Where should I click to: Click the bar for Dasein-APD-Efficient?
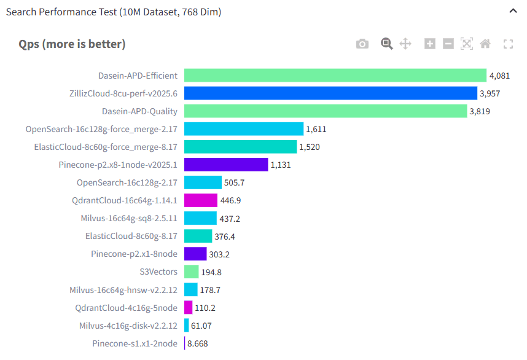pyautogui.click(x=335, y=76)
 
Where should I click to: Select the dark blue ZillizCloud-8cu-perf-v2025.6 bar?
pyautogui.click(x=330, y=93)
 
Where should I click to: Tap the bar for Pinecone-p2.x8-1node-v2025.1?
pyautogui.click(x=226, y=165)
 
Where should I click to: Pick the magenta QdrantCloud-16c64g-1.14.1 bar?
pyautogui.click(x=201, y=200)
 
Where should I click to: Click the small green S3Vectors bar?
pyautogui.click(x=192, y=272)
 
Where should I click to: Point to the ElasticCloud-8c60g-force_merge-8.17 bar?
pyautogui.click(x=240, y=147)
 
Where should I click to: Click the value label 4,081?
pyautogui.click(x=499, y=76)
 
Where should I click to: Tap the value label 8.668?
pyautogui.click(x=198, y=343)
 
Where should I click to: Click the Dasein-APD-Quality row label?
pyautogui.click(x=139, y=111)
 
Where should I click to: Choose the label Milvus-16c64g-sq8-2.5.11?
pyautogui.click(x=129, y=218)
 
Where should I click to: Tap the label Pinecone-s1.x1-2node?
pyautogui.click(x=135, y=343)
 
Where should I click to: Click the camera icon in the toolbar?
pyautogui.click(x=362, y=44)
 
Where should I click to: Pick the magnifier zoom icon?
pyautogui.click(x=386, y=44)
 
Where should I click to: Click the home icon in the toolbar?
pyautogui.click(x=485, y=44)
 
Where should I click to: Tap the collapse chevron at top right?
pyautogui.click(x=513, y=11)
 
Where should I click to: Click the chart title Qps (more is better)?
pyautogui.click(x=72, y=44)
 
